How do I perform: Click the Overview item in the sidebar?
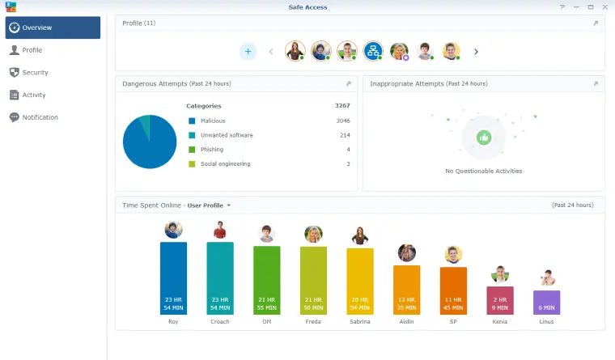(52, 28)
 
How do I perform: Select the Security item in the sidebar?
(35, 72)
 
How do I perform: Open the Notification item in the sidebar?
(40, 117)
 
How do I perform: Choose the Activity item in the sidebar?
(33, 95)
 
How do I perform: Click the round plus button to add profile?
(248, 51)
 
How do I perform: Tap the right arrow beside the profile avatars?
(476, 52)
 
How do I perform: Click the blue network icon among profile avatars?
(372, 51)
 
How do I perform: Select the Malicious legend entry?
(213, 121)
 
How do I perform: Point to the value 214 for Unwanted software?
(344, 135)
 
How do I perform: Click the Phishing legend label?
(212, 150)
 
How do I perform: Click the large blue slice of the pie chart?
(150, 146)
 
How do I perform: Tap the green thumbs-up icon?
(483, 138)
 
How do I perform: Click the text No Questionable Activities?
(483, 171)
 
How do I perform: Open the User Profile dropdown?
(209, 205)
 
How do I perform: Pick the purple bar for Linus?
(546, 302)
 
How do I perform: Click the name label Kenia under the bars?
(500, 321)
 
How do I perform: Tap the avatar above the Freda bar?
(313, 234)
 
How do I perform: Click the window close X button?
(603, 6)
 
